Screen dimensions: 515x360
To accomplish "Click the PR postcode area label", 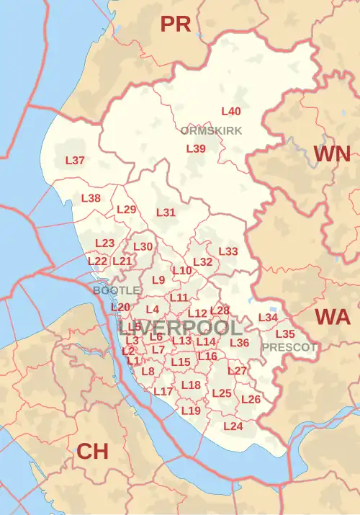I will coord(176,24).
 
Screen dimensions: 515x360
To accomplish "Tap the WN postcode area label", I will coord(332,153).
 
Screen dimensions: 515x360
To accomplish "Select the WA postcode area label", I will coord(332,317).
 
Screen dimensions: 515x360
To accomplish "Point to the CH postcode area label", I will coord(92,452).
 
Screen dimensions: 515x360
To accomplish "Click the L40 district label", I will coord(231,112).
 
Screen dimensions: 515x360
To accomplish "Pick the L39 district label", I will coord(197,148).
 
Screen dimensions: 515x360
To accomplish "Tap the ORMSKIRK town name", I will coord(212,130).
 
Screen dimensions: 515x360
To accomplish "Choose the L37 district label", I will coord(76,160).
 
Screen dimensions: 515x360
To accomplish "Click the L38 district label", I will coord(91,198).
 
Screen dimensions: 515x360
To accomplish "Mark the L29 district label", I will coord(126,210).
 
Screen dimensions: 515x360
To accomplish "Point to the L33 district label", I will coord(228,251).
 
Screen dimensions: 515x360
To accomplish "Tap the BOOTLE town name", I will coord(117,290).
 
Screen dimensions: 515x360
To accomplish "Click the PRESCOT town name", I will coord(289,346).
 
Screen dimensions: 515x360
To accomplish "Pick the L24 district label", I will coord(233,426).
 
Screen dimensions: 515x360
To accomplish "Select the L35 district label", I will coord(285,333).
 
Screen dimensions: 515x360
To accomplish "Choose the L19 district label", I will coord(191,411).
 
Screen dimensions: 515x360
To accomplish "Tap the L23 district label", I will coord(105,243).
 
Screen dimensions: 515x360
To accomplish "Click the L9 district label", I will coord(159,279).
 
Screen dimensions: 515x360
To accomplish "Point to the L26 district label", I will coord(251,399).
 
